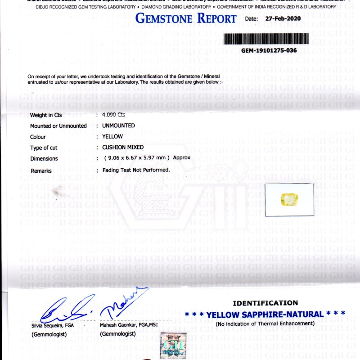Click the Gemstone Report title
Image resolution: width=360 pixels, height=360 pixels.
186,19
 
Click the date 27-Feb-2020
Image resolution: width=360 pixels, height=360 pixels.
283,19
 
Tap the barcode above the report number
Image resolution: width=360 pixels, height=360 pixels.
266,39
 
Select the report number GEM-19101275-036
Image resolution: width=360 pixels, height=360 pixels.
269,50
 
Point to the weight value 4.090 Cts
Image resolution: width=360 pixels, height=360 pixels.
113,115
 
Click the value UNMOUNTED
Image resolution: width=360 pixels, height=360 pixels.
118,126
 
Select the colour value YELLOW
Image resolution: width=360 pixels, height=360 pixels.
112,136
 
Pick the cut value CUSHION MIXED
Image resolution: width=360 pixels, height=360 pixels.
123,147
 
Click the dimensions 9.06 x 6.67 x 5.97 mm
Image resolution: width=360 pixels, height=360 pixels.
137,158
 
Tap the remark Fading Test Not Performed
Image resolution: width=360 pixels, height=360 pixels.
136,170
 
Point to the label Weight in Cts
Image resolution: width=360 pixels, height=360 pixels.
46,115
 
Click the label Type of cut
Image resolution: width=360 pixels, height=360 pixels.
44,148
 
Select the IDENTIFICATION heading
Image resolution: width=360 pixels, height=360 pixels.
265,303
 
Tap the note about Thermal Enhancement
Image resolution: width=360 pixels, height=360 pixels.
265,324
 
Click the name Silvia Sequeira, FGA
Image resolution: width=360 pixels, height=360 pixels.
53,325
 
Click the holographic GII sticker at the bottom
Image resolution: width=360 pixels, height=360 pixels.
173,345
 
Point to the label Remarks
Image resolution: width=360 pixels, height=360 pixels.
41,171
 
